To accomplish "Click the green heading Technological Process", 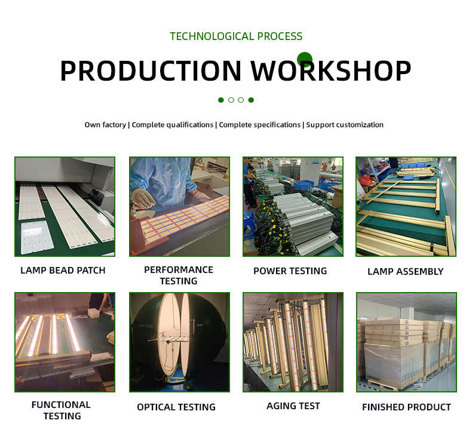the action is point(236,36).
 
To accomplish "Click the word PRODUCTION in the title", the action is point(151,70).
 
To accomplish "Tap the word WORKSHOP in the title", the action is point(331,70).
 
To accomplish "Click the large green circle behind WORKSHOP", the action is point(305,60).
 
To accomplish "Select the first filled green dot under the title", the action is point(221,100).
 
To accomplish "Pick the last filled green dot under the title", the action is point(251,100).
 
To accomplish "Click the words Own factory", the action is point(105,125).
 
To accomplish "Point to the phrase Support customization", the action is point(345,125).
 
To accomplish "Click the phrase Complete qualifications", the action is point(173,125).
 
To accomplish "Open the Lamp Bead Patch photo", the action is point(65,207).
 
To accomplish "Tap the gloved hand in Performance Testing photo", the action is point(143,197).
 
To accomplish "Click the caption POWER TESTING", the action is point(290,271).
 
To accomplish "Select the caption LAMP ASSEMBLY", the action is point(406,271).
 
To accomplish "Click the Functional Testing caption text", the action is point(61,410).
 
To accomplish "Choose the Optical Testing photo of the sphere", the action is point(179,342).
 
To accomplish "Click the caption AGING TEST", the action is point(293,406).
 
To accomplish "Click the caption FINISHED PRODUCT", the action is point(406,407).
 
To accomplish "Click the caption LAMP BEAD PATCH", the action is point(63,270).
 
